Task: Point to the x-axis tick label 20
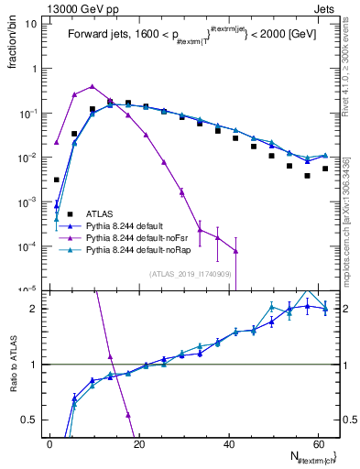[138, 442]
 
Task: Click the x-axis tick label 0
[49, 442]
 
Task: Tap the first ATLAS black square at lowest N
[57, 180]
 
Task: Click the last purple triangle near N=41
[235, 250]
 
